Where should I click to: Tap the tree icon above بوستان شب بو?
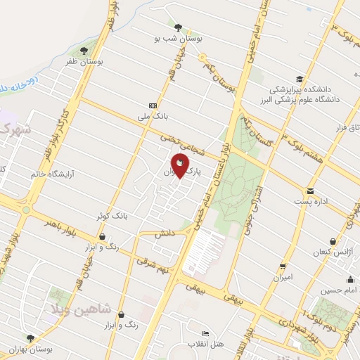(179, 28)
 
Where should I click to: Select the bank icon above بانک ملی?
(153, 104)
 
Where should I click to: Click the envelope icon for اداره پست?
(310, 191)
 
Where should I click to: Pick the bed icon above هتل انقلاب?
(205, 333)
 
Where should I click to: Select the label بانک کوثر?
(110, 218)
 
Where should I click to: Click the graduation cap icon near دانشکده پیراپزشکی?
(300, 79)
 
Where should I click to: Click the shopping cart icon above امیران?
(283, 266)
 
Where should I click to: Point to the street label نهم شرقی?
(153, 264)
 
